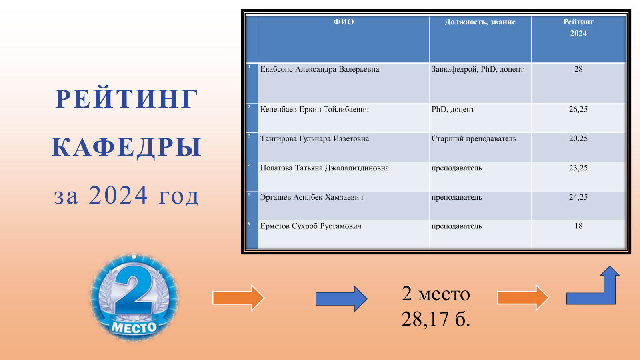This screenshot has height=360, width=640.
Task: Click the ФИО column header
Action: [x=344, y=22]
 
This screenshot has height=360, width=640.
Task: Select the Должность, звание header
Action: [x=480, y=22]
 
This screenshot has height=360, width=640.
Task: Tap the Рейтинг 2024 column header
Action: [x=578, y=28]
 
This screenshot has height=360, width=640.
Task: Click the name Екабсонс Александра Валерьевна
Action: [x=320, y=70]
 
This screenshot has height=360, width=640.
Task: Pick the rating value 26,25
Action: [x=578, y=110]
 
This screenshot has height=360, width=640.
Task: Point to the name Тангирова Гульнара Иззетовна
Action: [x=314, y=139]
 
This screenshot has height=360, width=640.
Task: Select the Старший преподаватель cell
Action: [x=474, y=139]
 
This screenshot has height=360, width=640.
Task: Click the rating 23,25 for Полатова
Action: [x=578, y=168]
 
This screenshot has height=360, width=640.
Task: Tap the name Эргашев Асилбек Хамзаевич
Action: [x=312, y=197]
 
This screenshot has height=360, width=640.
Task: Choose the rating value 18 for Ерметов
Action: [x=578, y=226]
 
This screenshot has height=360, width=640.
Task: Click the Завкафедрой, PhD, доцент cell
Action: [x=478, y=70]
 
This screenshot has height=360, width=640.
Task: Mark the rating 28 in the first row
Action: [x=578, y=69]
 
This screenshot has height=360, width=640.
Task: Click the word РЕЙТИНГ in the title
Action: [x=126, y=99]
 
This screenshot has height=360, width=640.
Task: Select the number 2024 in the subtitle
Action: [x=118, y=195]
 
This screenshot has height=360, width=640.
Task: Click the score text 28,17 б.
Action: [x=436, y=319]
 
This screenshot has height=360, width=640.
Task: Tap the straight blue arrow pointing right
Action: [x=342, y=298]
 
